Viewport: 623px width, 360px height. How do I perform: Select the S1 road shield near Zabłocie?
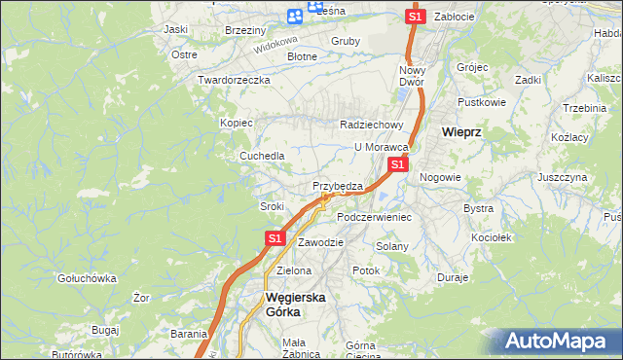[x=415, y=17]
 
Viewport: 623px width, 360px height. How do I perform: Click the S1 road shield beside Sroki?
[x=275, y=237]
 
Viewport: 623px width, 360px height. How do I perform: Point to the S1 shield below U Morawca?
[x=397, y=165]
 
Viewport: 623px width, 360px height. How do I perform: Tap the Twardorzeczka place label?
[x=233, y=80]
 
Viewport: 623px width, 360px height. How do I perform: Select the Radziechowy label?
[x=371, y=125]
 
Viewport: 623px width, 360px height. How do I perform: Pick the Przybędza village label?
[x=338, y=186]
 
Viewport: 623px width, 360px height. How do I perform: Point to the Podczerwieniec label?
[x=374, y=217]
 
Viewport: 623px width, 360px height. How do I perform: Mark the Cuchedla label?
[x=262, y=156]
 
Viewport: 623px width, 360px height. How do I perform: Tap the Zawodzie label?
[x=320, y=241]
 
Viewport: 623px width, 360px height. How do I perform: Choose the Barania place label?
[x=189, y=333]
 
